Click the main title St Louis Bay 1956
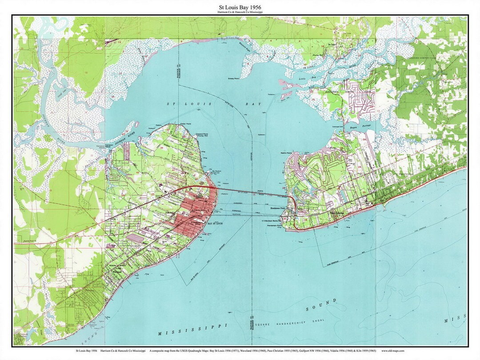pos(240,7)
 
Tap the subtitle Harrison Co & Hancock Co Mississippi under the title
pos(240,12)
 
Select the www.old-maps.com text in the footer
pos(392,351)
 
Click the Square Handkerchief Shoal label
pos(288,320)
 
